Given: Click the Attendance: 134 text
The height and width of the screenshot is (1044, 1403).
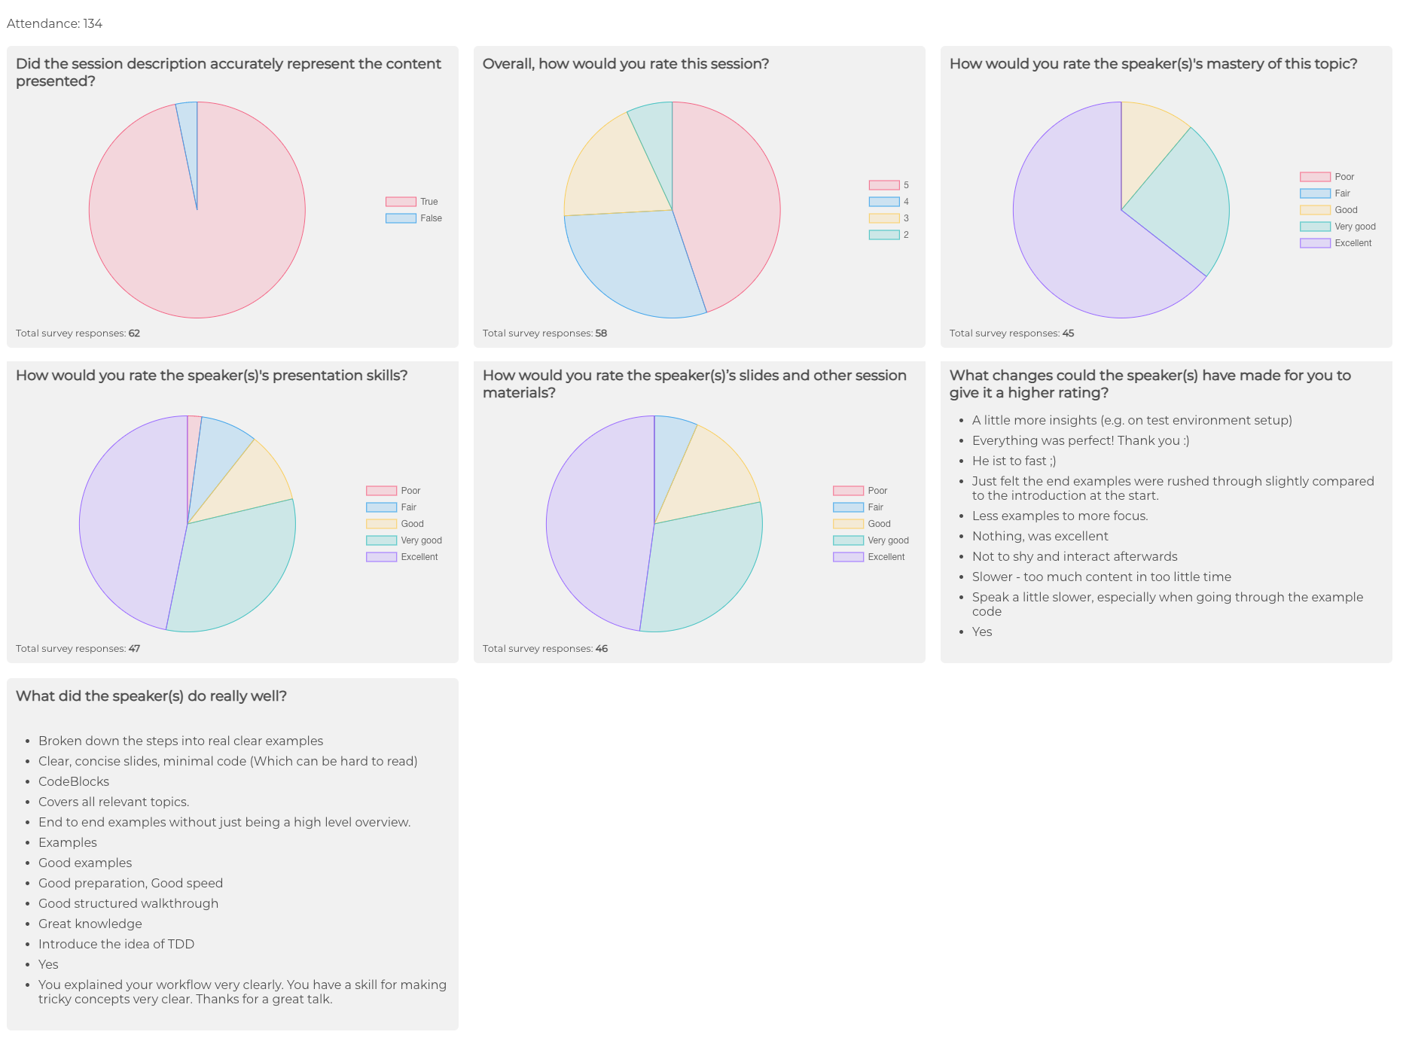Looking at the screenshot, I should [x=54, y=23].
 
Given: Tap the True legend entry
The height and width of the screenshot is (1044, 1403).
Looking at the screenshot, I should [x=412, y=202].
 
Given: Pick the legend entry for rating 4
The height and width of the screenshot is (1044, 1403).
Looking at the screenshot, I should [x=889, y=202].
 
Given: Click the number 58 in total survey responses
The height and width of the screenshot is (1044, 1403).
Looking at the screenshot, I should [x=601, y=333].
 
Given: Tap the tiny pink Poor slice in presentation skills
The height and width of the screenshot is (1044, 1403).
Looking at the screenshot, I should [x=193, y=433].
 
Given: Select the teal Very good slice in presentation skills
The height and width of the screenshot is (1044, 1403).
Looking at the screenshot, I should [x=233, y=565].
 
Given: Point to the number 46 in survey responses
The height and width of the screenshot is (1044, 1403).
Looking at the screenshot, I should [x=602, y=649].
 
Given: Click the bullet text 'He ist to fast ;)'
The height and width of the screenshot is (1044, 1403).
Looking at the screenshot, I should [x=1014, y=461].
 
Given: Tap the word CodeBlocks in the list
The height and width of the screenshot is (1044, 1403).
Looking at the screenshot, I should [x=74, y=781].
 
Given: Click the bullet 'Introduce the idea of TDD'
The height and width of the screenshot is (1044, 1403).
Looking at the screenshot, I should [x=116, y=944].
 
